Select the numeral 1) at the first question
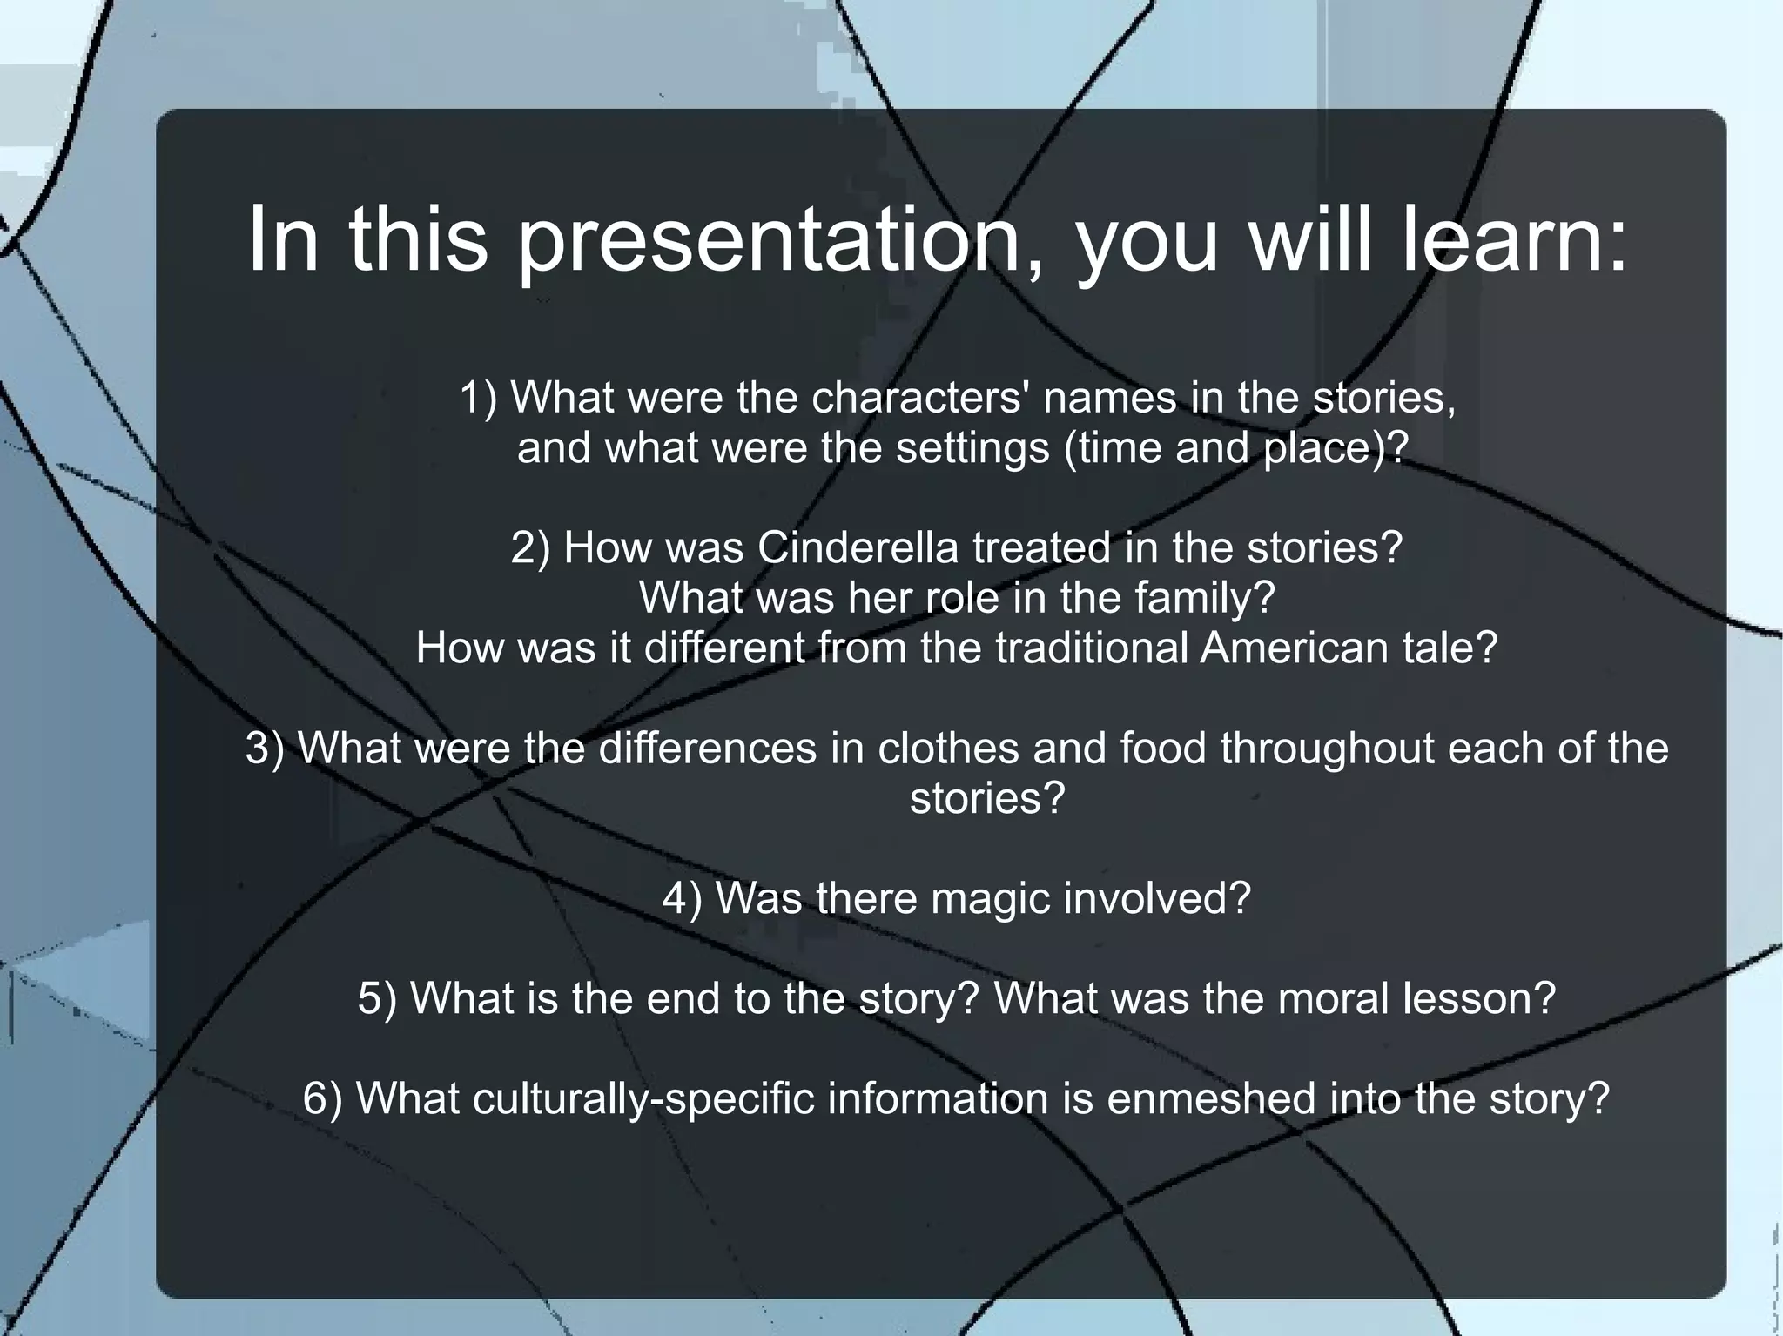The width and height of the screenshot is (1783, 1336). (478, 399)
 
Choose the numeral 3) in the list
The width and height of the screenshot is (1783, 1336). (265, 749)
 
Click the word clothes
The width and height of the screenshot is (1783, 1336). (948, 749)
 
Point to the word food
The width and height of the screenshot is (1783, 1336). (1162, 749)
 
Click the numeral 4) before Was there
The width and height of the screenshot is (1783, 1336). (682, 898)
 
